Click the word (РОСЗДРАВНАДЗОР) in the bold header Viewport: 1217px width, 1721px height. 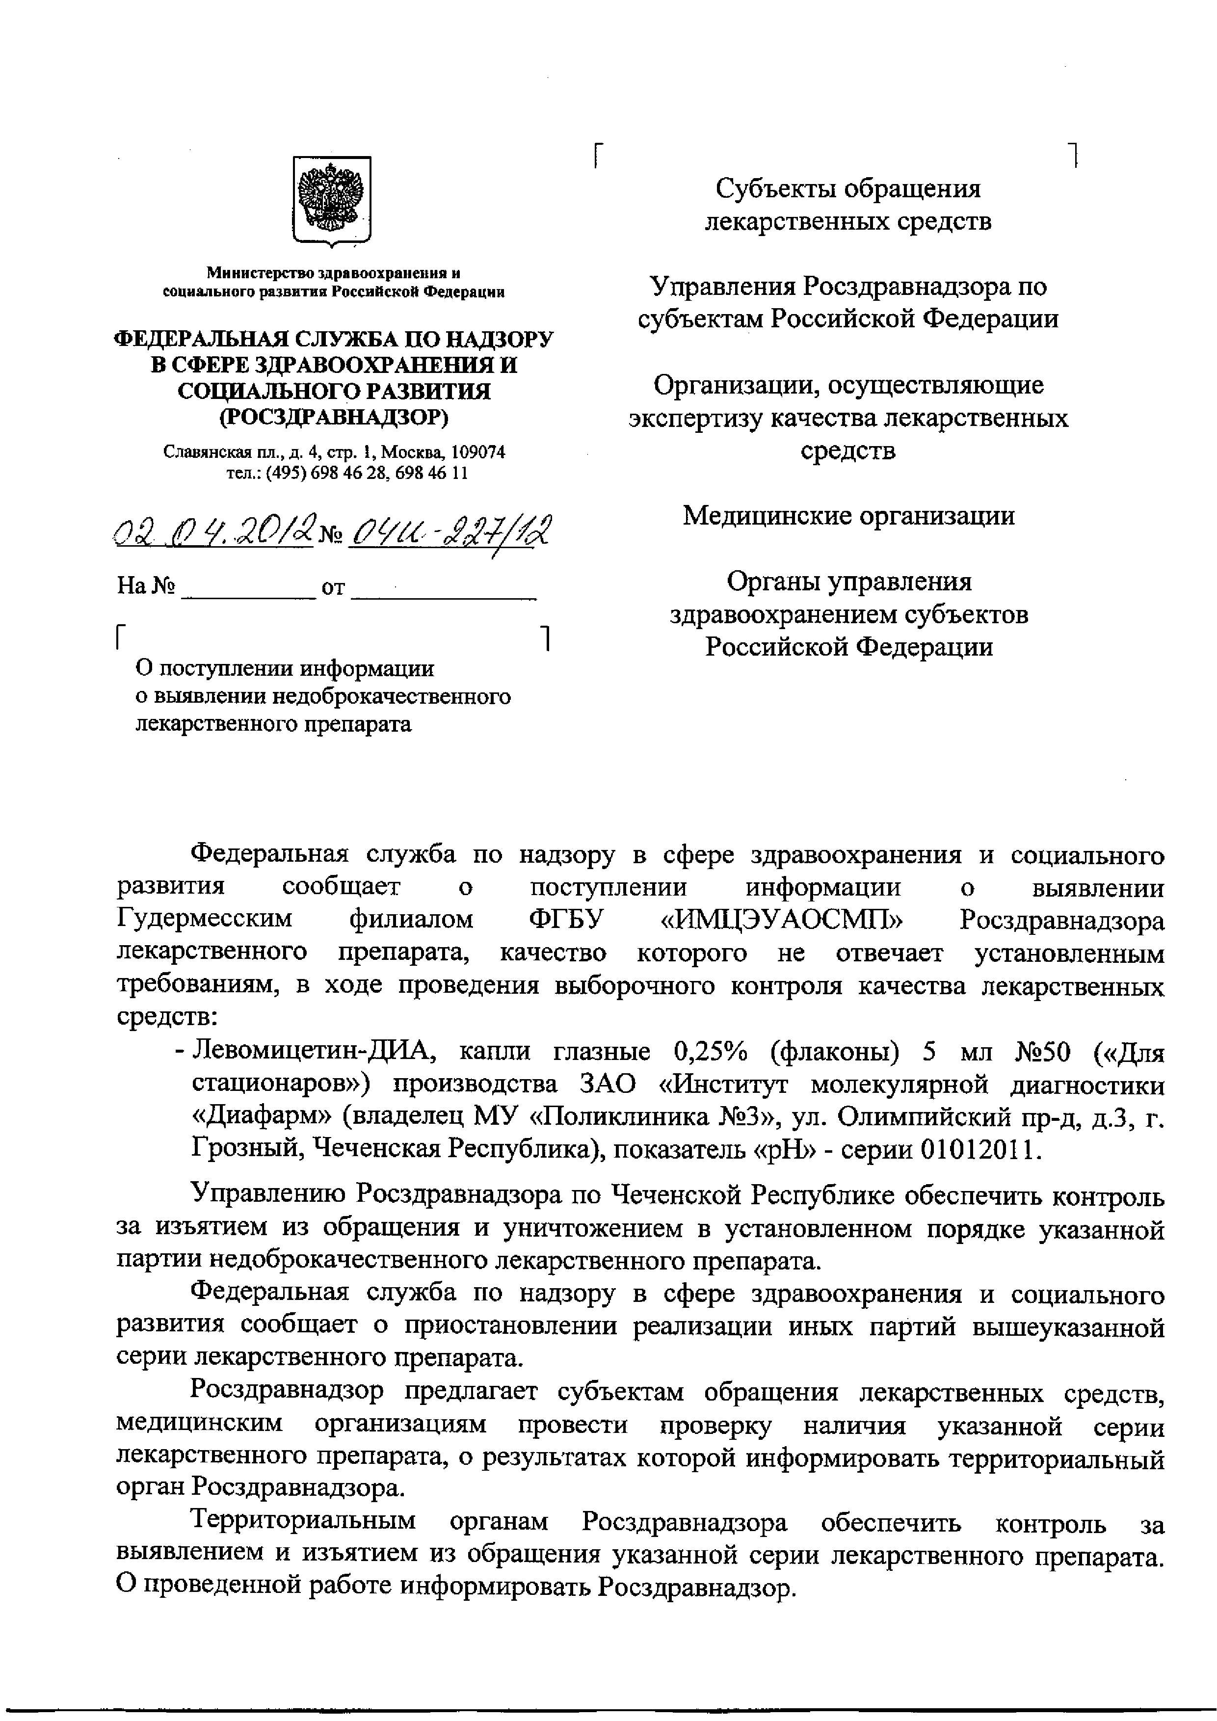coord(334,417)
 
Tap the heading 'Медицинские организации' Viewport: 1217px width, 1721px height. coord(848,516)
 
